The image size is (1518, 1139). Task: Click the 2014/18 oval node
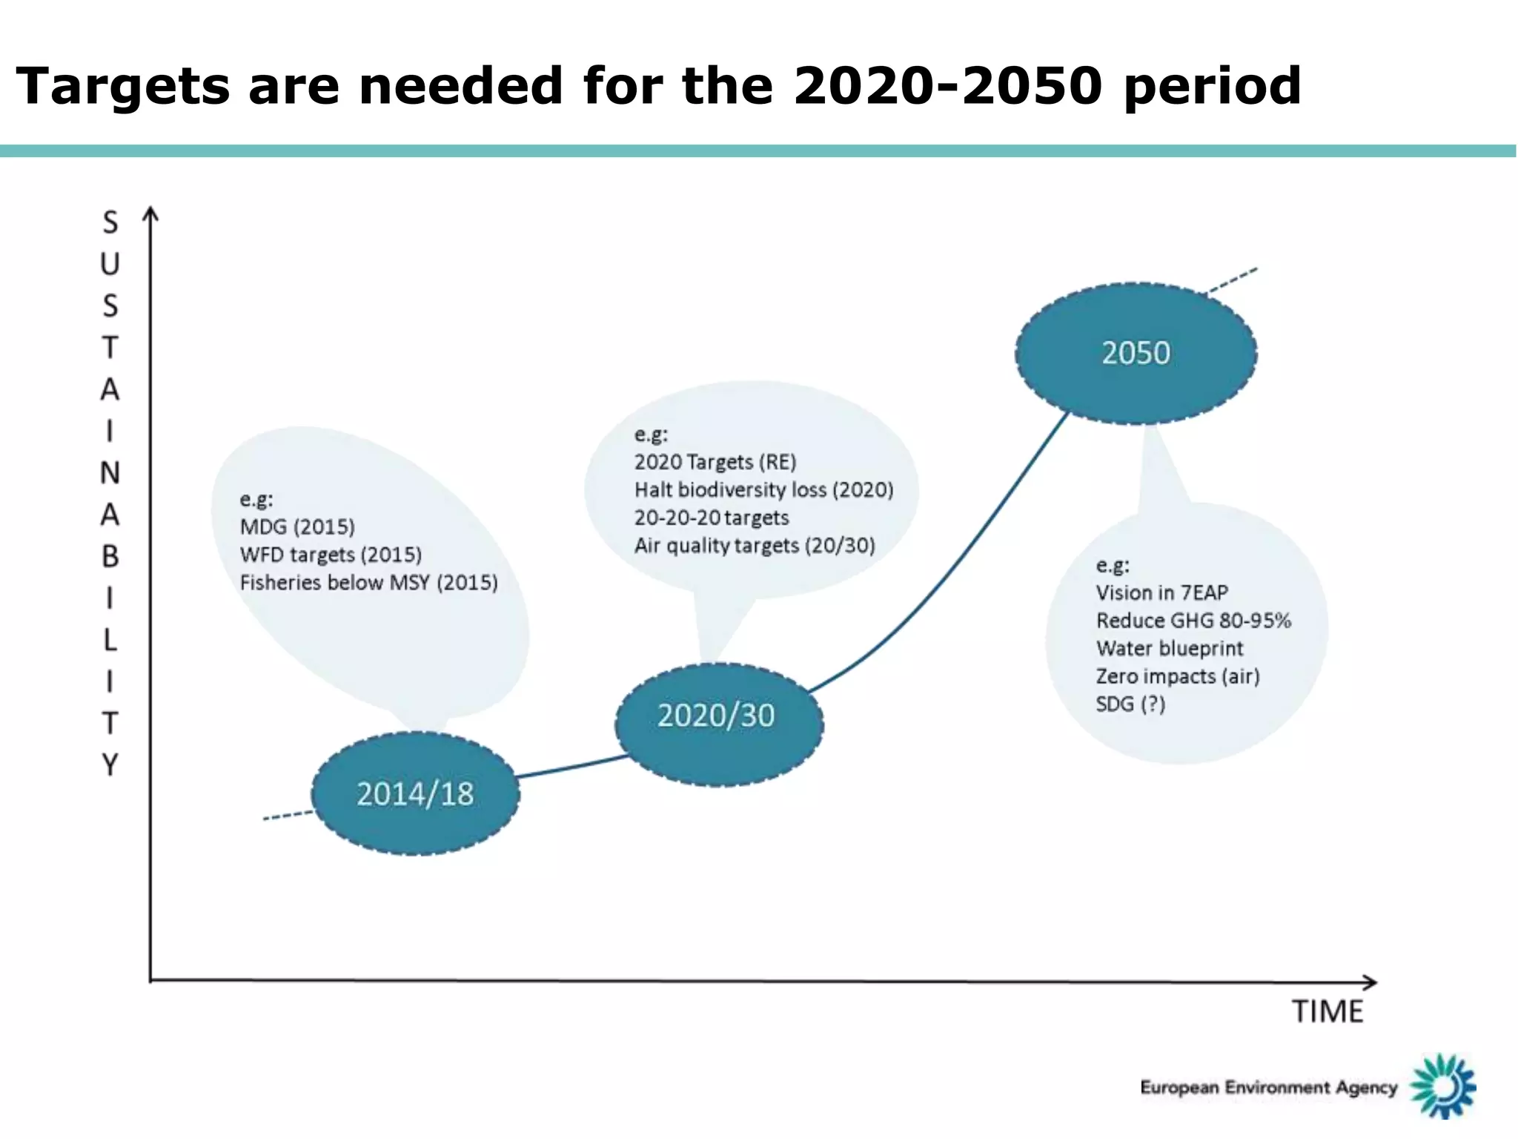coord(415,793)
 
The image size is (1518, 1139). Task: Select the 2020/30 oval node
coord(717,716)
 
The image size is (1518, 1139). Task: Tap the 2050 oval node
coord(1136,353)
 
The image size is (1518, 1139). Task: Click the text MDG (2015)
coord(297,527)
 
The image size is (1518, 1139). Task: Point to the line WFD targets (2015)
coord(331,555)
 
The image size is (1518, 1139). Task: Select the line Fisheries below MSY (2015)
coord(368,583)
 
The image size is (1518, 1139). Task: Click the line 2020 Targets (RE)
coord(715,462)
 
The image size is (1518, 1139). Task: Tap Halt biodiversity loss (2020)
coord(763,490)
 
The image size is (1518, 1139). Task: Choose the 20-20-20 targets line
coord(712,518)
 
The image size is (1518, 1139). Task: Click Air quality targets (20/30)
coord(755,546)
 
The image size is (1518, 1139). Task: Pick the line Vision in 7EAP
coord(1161,592)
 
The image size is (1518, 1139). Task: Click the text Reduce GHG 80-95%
coord(1193,621)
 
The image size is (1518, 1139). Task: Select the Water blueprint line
coord(1169,648)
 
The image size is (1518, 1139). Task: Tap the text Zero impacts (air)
coord(1178,676)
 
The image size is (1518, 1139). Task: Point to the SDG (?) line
coord(1130,704)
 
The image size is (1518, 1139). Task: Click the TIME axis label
coord(1328,1011)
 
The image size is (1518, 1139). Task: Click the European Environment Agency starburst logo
coord(1442,1086)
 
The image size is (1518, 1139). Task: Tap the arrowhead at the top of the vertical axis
coord(150,214)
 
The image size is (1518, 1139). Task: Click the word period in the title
coord(1212,87)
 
